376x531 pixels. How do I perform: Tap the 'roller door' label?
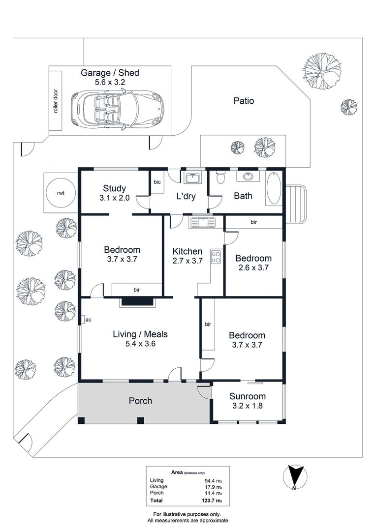click(56, 101)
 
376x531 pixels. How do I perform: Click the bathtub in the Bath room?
click(273, 188)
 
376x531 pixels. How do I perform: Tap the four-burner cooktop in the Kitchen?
click(216, 257)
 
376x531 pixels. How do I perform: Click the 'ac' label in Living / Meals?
click(88, 320)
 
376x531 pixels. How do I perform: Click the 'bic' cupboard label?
click(157, 182)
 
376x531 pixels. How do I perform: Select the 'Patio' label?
click(244, 101)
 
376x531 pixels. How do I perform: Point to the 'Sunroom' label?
click(248, 396)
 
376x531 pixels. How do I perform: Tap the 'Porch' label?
click(140, 401)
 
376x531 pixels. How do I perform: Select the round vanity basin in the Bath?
click(245, 177)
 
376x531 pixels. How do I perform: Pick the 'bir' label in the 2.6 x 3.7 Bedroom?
click(254, 222)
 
